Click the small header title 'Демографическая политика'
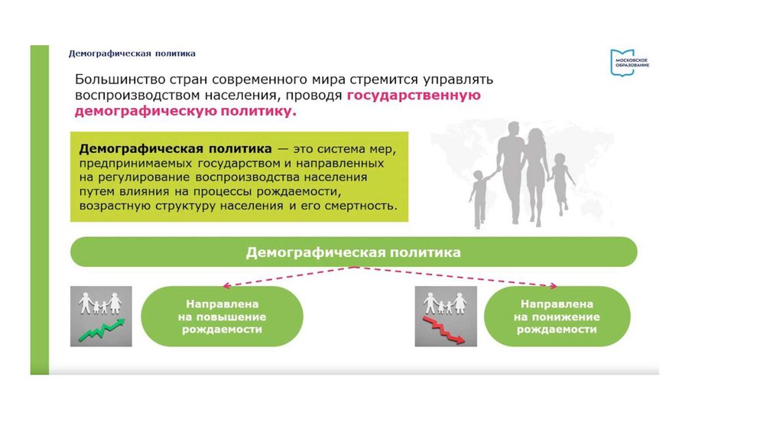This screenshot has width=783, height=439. (132, 54)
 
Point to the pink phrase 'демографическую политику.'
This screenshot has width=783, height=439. (184, 112)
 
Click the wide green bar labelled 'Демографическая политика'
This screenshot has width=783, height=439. (353, 251)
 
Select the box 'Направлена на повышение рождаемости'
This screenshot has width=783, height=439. (223, 317)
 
